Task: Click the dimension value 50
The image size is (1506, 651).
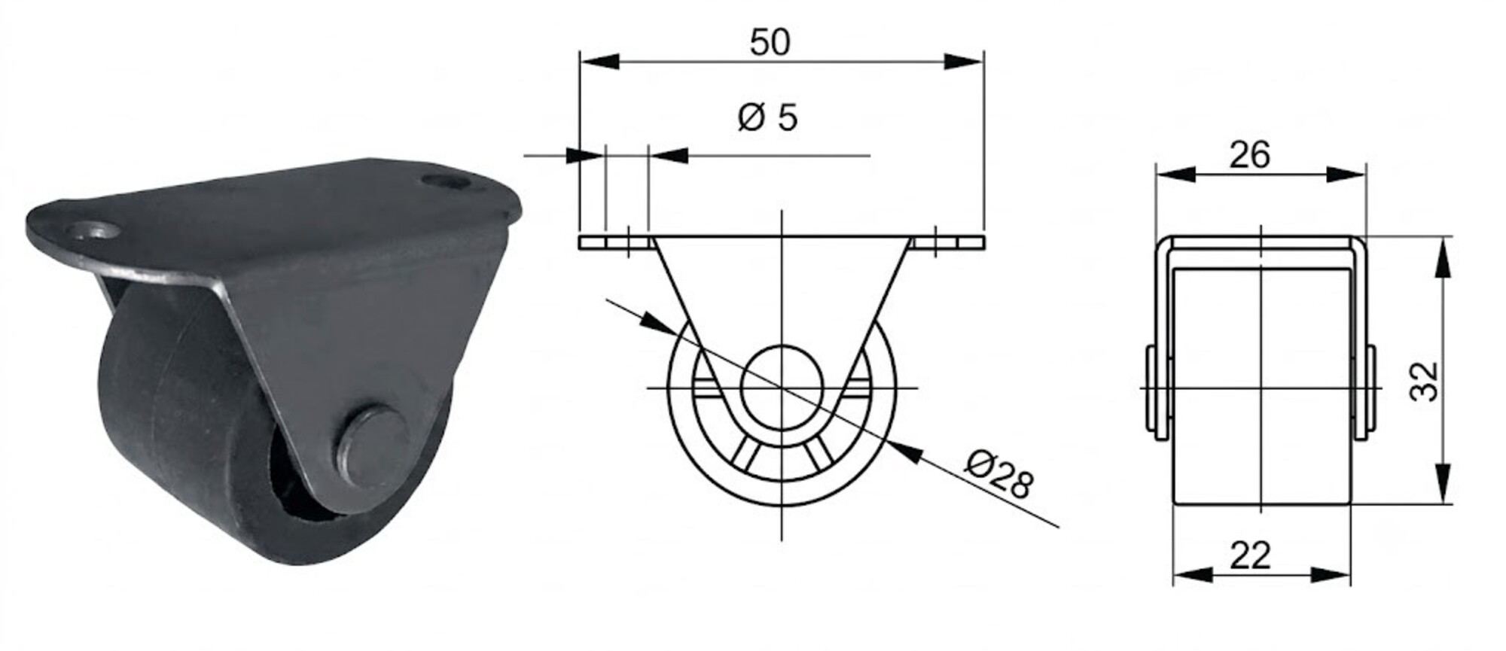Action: (x=770, y=42)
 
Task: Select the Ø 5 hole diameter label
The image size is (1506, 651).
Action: (x=767, y=118)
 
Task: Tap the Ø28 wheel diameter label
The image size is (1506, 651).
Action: (x=999, y=474)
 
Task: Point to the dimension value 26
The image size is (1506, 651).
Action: (x=1249, y=155)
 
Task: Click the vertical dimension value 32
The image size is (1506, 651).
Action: (x=1424, y=382)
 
